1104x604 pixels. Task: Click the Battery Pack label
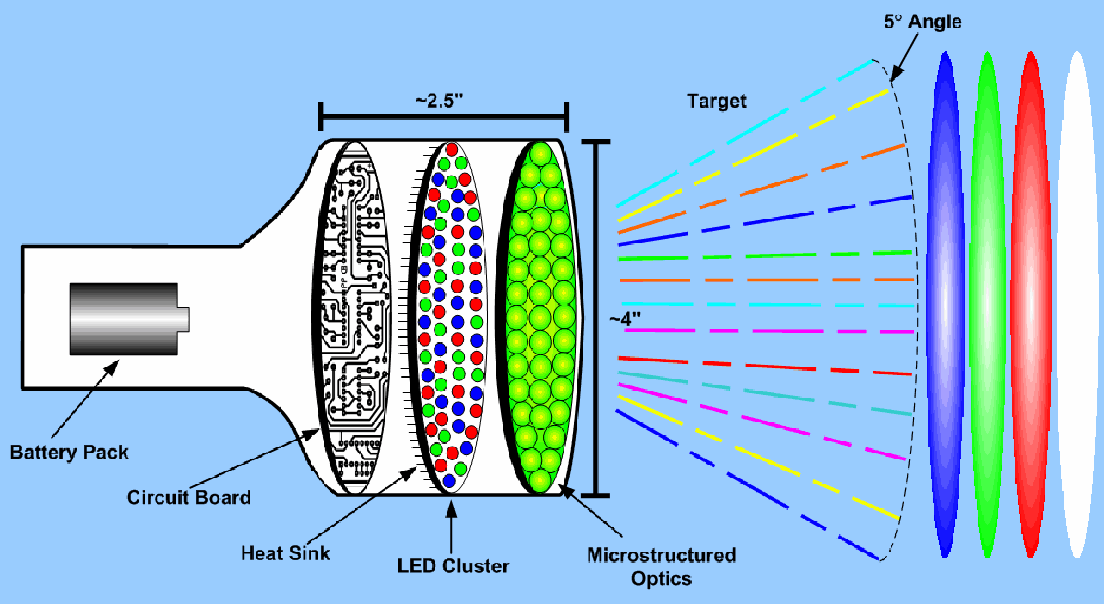coord(70,451)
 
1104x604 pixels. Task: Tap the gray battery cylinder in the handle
coord(126,319)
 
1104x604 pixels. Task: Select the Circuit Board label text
coord(189,497)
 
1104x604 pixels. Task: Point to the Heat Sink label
coord(286,552)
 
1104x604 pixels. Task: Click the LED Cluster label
coord(453,566)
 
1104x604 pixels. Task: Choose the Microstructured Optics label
coord(661,566)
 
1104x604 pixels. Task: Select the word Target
coord(717,101)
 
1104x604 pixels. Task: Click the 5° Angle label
coord(922,22)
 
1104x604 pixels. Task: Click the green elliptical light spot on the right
coord(987,305)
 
